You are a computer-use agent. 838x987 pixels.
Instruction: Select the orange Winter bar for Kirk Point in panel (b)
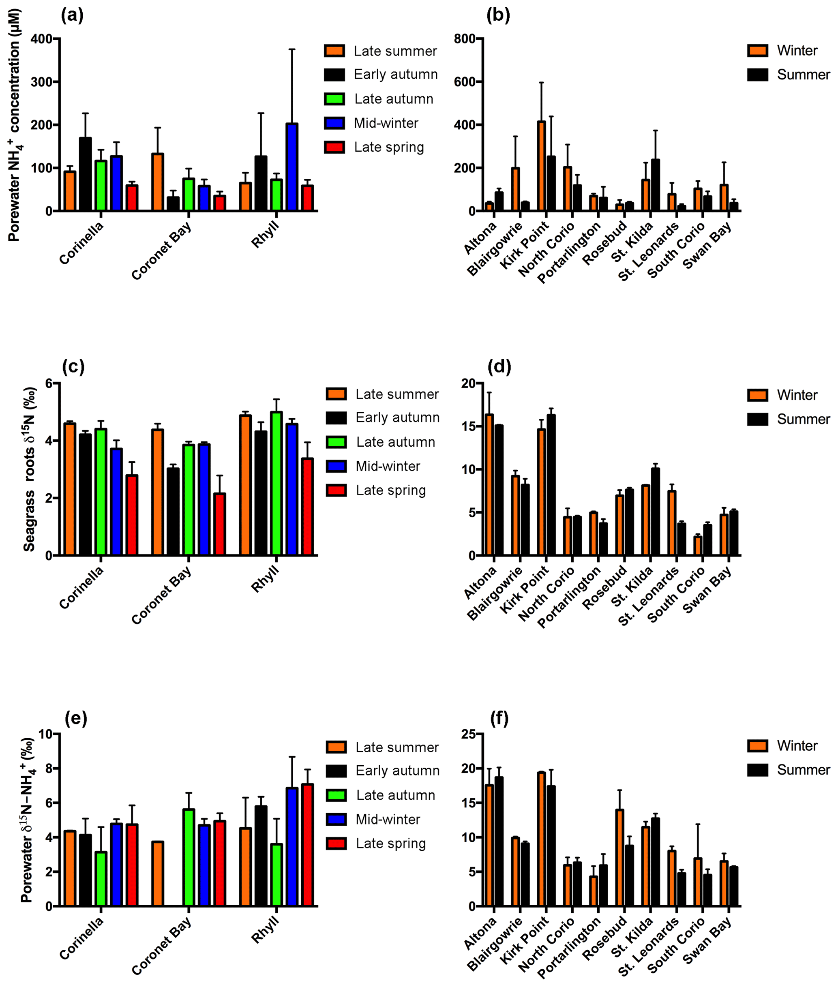point(541,166)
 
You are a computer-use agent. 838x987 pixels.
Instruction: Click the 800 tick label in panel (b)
point(464,39)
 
